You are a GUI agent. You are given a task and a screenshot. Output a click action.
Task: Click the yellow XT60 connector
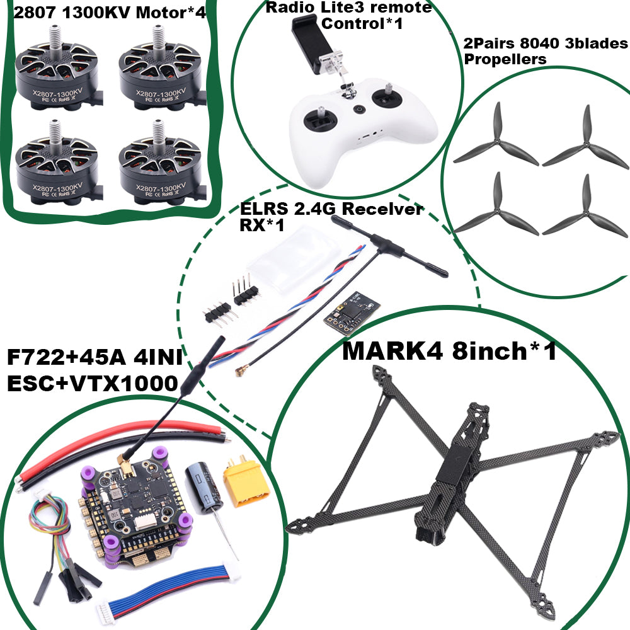click(x=248, y=482)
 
